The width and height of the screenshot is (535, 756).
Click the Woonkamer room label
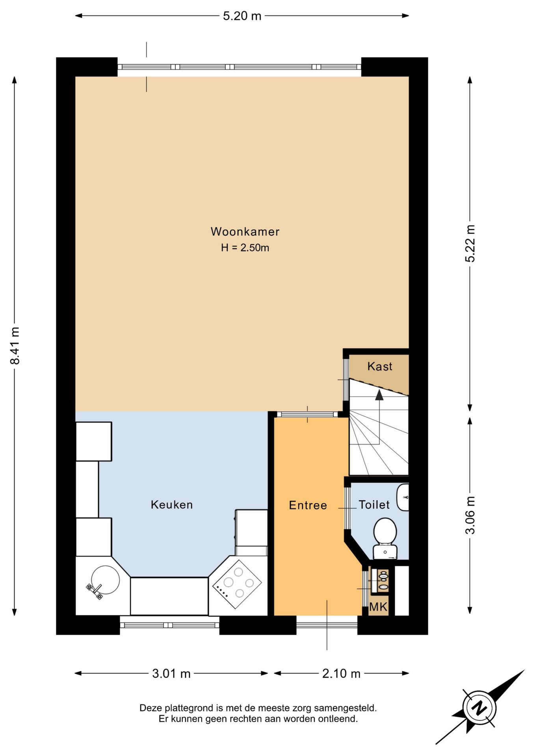pyautogui.click(x=245, y=232)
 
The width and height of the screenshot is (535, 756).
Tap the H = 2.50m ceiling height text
pyautogui.click(x=245, y=248)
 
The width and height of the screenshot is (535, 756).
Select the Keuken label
pyautogui.click(x=172, y=505)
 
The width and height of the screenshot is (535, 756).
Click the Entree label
pyautogui.click(x=308, y=505)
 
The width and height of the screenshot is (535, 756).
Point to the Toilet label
pyautogui.click(x=374, y=505)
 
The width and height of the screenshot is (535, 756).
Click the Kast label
pyautogui.click(x=380, y=367)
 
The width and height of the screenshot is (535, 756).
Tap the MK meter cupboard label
pyautogui.click(x=378, y=607)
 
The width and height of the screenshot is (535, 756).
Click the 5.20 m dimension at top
pyautogui.click(x=242, y=16)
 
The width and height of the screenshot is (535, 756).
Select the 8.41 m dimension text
pyautogui.click(x=15, y=346)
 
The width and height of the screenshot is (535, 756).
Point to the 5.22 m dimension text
pyautogui.click(x=470, y=243)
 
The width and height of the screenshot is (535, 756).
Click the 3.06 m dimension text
pyautogui.click(x=470, y=515)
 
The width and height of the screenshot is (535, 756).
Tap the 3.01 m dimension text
pyautogui.click(x=171, y=674)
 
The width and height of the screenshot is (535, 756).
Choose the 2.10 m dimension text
pyautogui.click(x=341, y=674)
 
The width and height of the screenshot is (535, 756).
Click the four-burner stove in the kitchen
pyautogui.click(x=237, y=583)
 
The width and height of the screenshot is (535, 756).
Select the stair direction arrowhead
pyautogui.click(x=379, y=395)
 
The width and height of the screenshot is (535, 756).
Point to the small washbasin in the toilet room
pyautogui.click(x=403, y=497)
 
